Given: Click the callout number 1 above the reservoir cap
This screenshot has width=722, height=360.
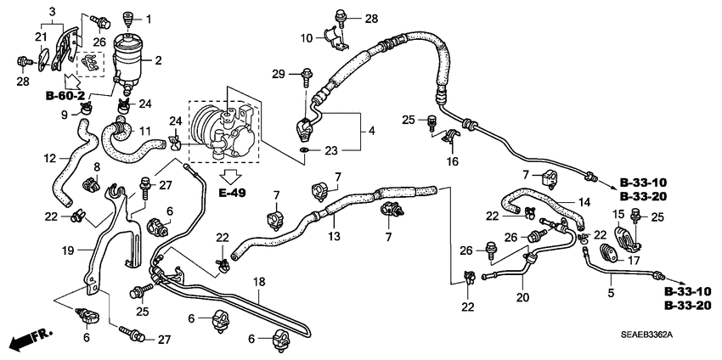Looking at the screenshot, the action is click(149, 19).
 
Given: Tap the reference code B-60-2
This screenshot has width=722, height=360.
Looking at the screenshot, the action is click(65, 96).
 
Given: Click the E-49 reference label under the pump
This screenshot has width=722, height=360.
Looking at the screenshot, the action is click(233, 193).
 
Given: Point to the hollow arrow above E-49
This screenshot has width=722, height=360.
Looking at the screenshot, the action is click(232, 176).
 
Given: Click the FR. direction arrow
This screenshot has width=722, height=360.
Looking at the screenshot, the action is click(31, 340).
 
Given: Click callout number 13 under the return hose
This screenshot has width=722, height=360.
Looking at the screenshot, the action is click(334, 237).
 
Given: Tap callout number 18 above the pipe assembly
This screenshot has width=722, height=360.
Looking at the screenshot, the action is click(260, 282).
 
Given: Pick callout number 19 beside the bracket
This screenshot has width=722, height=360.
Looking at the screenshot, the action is click(68, 250).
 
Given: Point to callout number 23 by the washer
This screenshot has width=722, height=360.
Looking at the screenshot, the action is click(332, 150).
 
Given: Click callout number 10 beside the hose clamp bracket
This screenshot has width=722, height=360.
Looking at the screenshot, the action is click(307, 37).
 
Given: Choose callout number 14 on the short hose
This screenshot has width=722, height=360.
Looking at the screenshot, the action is click(584, 202).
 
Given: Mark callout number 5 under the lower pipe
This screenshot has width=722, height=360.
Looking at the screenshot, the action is click(611, 293).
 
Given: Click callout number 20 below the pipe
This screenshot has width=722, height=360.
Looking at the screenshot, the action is click(522, 297).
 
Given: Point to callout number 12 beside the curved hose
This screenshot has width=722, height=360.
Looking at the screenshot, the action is click(50, 159).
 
